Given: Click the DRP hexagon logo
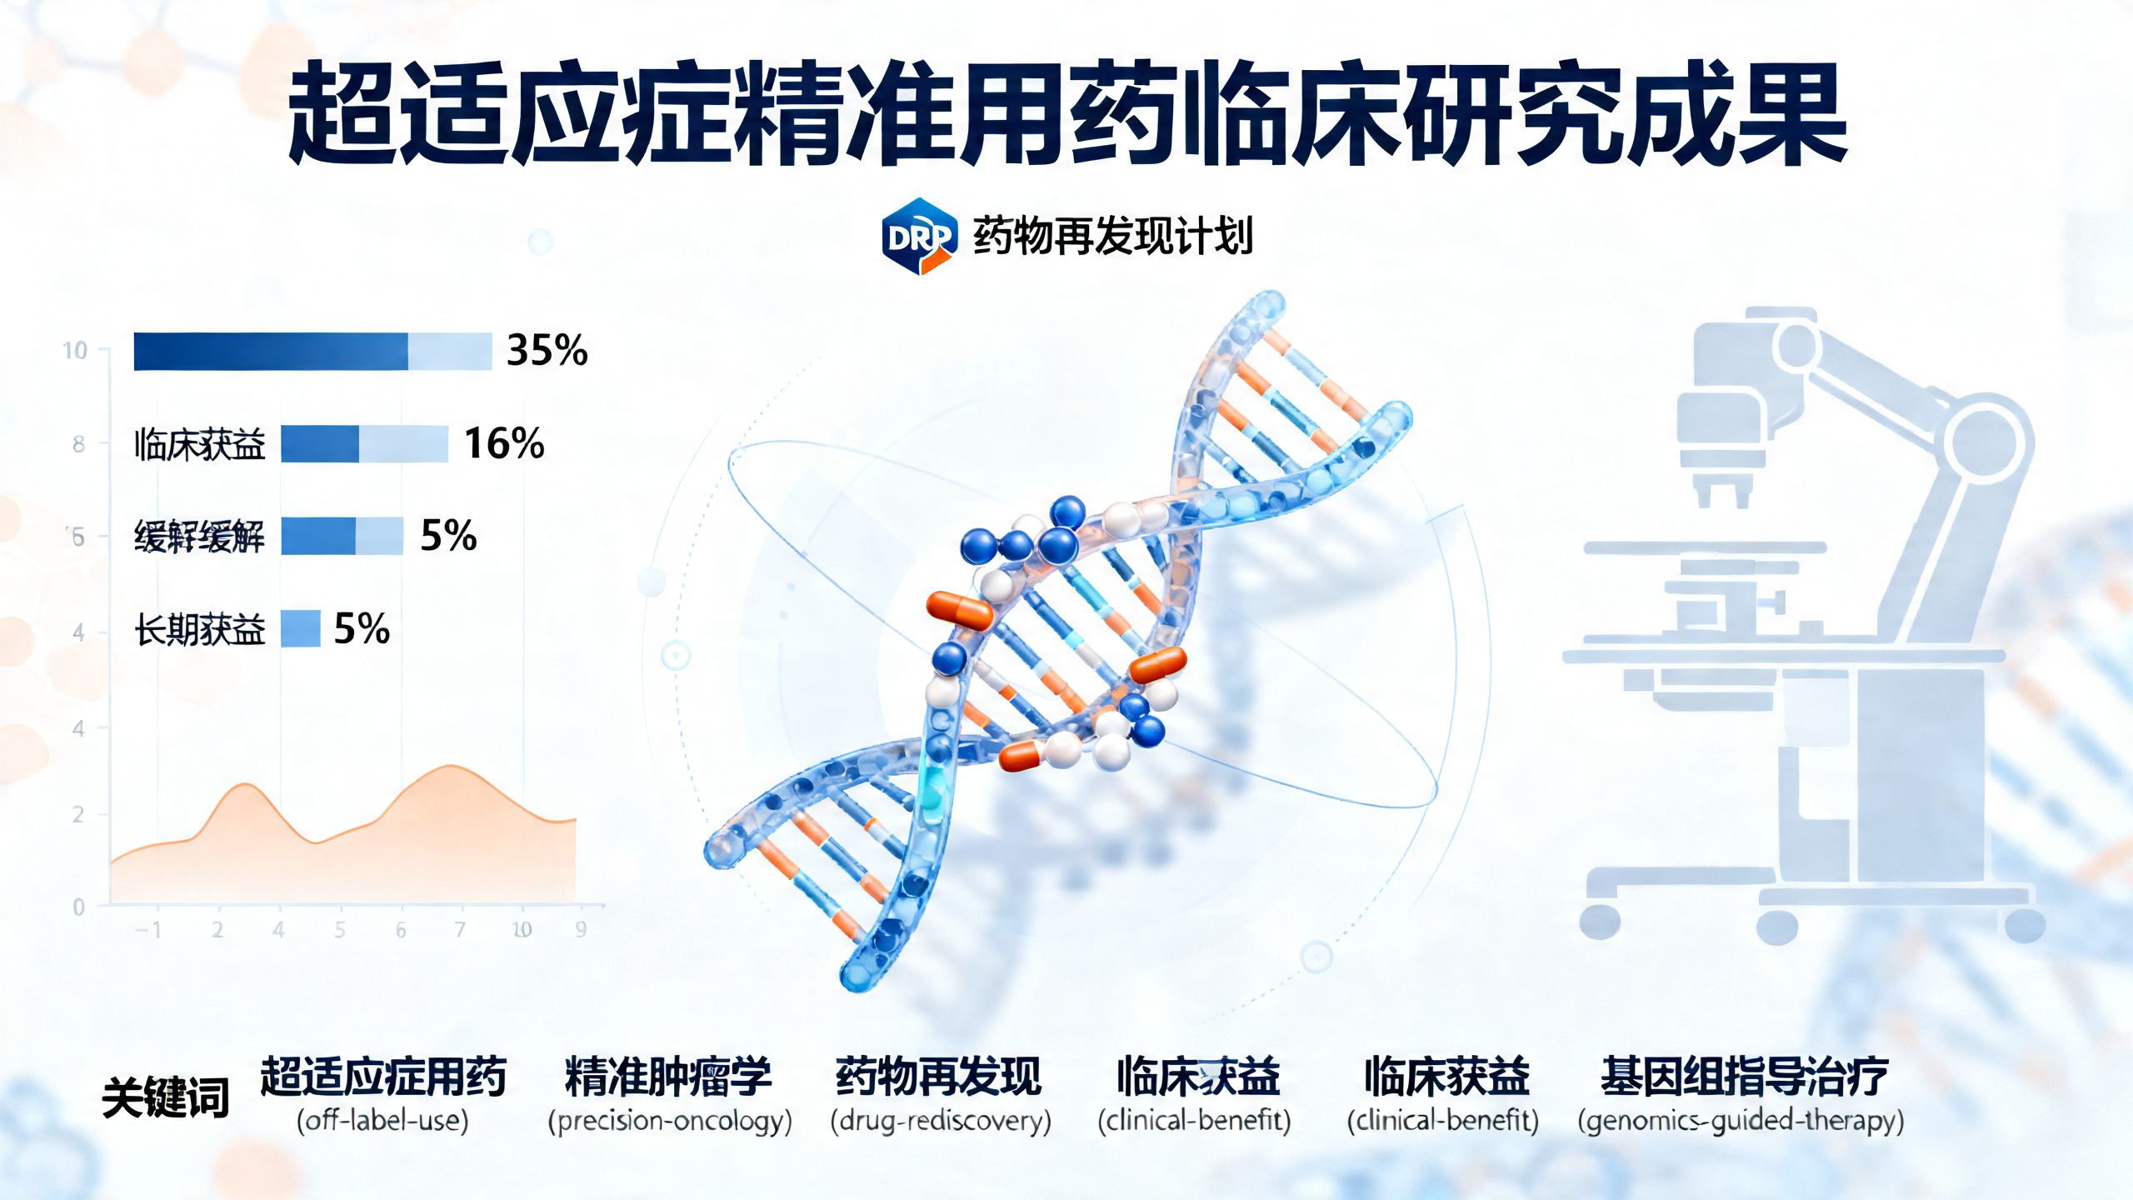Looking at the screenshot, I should tap(918, 237).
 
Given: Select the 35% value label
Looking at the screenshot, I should tap(547, 350).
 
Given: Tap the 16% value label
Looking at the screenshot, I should tap(504, 443).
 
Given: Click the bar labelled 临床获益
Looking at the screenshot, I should tap(364, 443).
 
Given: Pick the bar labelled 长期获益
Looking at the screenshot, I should tap(300, 628).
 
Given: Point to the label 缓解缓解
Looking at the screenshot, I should tap(199, 537).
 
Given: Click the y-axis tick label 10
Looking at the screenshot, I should tap(75, 351).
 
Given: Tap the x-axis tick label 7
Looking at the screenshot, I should tap(460, 930).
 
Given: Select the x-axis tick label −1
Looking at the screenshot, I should tap(148, 930).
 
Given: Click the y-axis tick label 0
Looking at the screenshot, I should tap(78, 907).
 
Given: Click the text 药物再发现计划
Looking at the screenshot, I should tap(1112, 237).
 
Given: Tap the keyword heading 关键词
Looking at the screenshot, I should tap(165, 1097).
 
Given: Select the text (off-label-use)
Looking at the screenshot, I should tap(382, 1121).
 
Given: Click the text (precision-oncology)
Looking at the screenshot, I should tap(669, 1121).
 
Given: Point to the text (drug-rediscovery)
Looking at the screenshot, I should tap(941, 1121).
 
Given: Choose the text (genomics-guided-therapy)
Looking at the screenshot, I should tap(1741, 1121).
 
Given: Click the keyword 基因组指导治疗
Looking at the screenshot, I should tap(1743, 1076).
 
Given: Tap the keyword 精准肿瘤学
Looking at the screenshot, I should tap(668, 1076).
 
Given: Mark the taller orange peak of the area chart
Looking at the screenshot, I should tap(451, 767).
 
